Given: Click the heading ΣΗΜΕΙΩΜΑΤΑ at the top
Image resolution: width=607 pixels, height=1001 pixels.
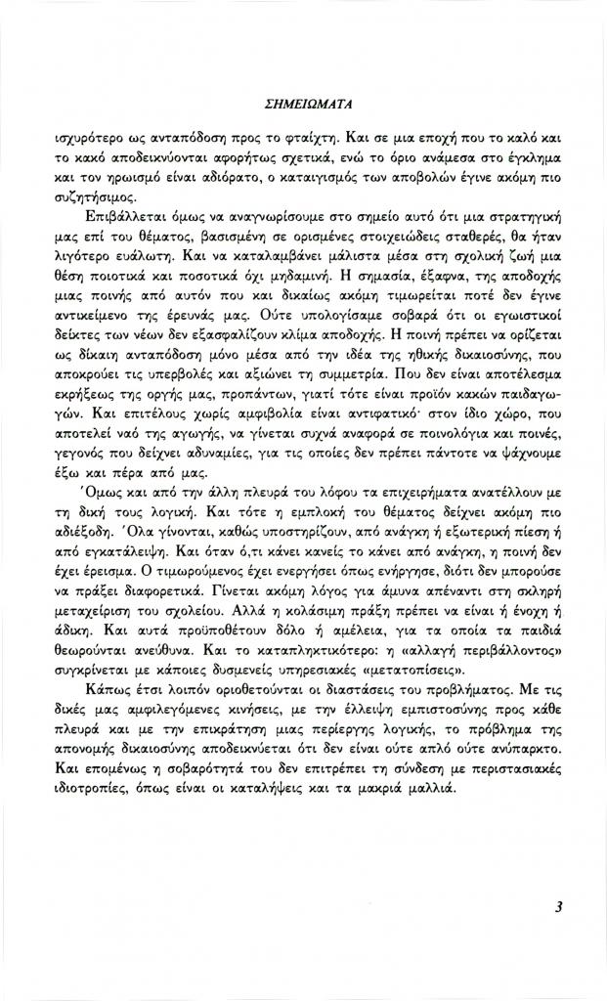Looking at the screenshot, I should pos(303,100).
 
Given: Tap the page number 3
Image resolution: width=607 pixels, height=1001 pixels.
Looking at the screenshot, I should pos(557,905).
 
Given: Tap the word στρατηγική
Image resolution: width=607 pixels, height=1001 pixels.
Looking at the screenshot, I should pos(530,215).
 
